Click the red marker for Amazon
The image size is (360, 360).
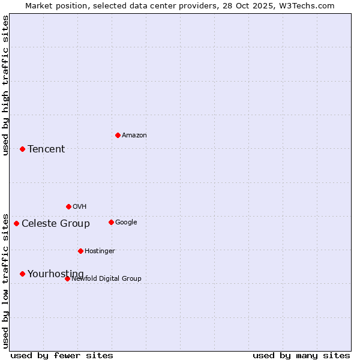(x=118, y=135)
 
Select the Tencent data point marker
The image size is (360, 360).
(x=22, y=149)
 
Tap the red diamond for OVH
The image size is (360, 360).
(x=68, y=206)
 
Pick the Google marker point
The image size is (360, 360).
(x=111, y=222)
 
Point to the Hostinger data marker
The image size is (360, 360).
(x=80, y=251)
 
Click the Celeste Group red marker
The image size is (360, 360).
(x=16, y=223)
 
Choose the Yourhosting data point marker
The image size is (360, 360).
(x=22, y=274)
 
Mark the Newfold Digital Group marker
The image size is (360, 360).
(x=67, y=278)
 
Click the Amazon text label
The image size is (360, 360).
(x=134, y=136)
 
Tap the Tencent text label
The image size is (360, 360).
(x=46, y=149)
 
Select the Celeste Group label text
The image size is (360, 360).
(x=56, y=224)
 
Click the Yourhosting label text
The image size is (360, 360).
(x=56, y=274)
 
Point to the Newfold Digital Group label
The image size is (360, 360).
(x=107, y=278)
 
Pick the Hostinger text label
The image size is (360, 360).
(x=100, y=251)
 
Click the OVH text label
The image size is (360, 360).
(x=80, y=207)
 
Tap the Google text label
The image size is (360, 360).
(x=126, y=223)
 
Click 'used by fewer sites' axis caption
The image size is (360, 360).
(x=62, y=355)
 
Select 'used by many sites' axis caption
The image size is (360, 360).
(x=301, y=355)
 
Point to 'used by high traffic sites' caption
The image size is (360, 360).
(x=5, y=85)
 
